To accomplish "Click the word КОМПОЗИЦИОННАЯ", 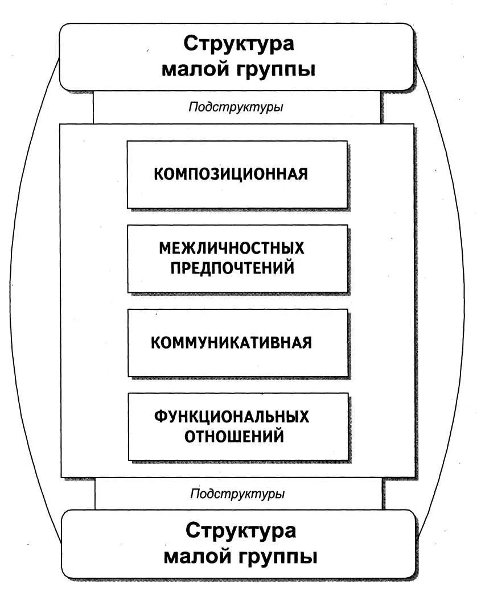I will pyautogui.click(x=231, y=174).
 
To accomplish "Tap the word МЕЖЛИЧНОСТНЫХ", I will pyautogui.click(x=232, y=248).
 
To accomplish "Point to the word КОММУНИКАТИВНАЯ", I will pyautogui.click(x=231, y=343).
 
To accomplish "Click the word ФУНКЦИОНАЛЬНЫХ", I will pyautogui.click(x=232, y=417).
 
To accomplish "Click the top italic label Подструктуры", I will pyautogui.click(x=236, y=107).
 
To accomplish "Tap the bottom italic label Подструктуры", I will pyautogui.click(x=237, y=494).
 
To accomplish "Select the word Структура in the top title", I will pyautogui.click(x=239, y=44).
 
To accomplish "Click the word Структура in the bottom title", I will pyautogui.click(x=241, y=531).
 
